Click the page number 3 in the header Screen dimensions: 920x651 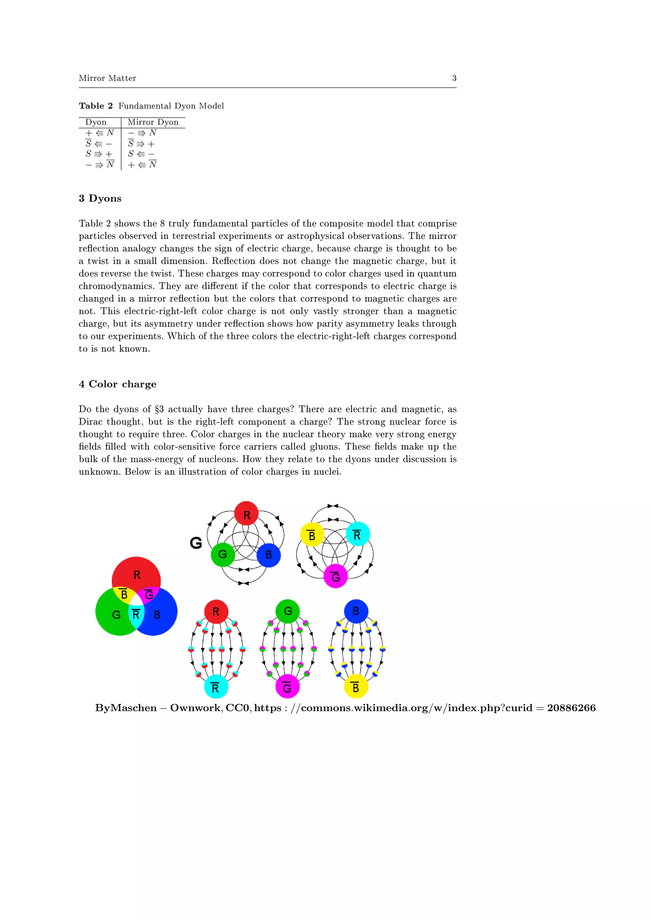click(454, 78)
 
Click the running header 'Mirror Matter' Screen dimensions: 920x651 click(107, 78)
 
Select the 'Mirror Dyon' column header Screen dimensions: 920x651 click(153, 122)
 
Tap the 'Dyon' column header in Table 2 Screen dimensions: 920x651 click(96, 122)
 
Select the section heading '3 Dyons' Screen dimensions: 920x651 click(100, 198)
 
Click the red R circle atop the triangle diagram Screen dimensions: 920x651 click(246, 513)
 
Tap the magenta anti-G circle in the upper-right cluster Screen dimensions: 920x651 click(336, 576)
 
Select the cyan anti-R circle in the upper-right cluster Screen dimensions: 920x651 click(358, 534)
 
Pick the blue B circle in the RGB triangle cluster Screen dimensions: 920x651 click(268, 555)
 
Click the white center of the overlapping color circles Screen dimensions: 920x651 click(137, 600)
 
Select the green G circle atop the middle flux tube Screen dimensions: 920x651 click(288, 612)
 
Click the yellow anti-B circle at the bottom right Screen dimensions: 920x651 click(356, 687)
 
